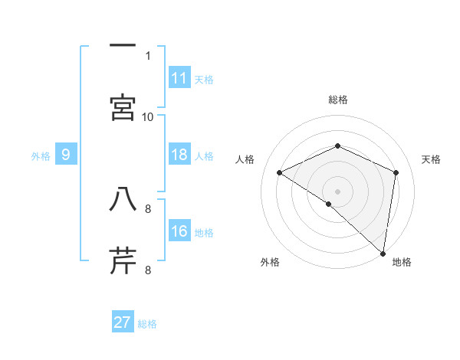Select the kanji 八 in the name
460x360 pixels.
(x=123, y=201)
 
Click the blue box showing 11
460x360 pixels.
(x=179, y=78)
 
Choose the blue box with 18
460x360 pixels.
(x=179, y=155)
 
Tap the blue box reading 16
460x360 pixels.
(x=179, y=232)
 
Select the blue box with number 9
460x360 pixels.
(x=66, y=155)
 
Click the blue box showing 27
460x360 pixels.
(x=123, y=322)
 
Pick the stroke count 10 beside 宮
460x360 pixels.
(x=148, y=116)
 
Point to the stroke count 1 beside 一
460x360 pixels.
(x=148, y=55)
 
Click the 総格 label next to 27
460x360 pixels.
(x=147, y=324)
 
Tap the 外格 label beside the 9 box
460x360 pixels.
(x=41, y=156)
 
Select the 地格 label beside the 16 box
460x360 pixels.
(x=204, y=233)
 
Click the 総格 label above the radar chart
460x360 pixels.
(x=338, y=100)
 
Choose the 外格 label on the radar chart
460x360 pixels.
(x=270, y=263)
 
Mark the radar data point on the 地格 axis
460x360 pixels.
(x=383, y=252)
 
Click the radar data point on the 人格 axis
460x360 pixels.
(x=280, y=173)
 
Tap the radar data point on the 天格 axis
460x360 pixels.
(x=396, y=172)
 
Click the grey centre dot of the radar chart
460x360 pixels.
(x=338, y=191)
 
